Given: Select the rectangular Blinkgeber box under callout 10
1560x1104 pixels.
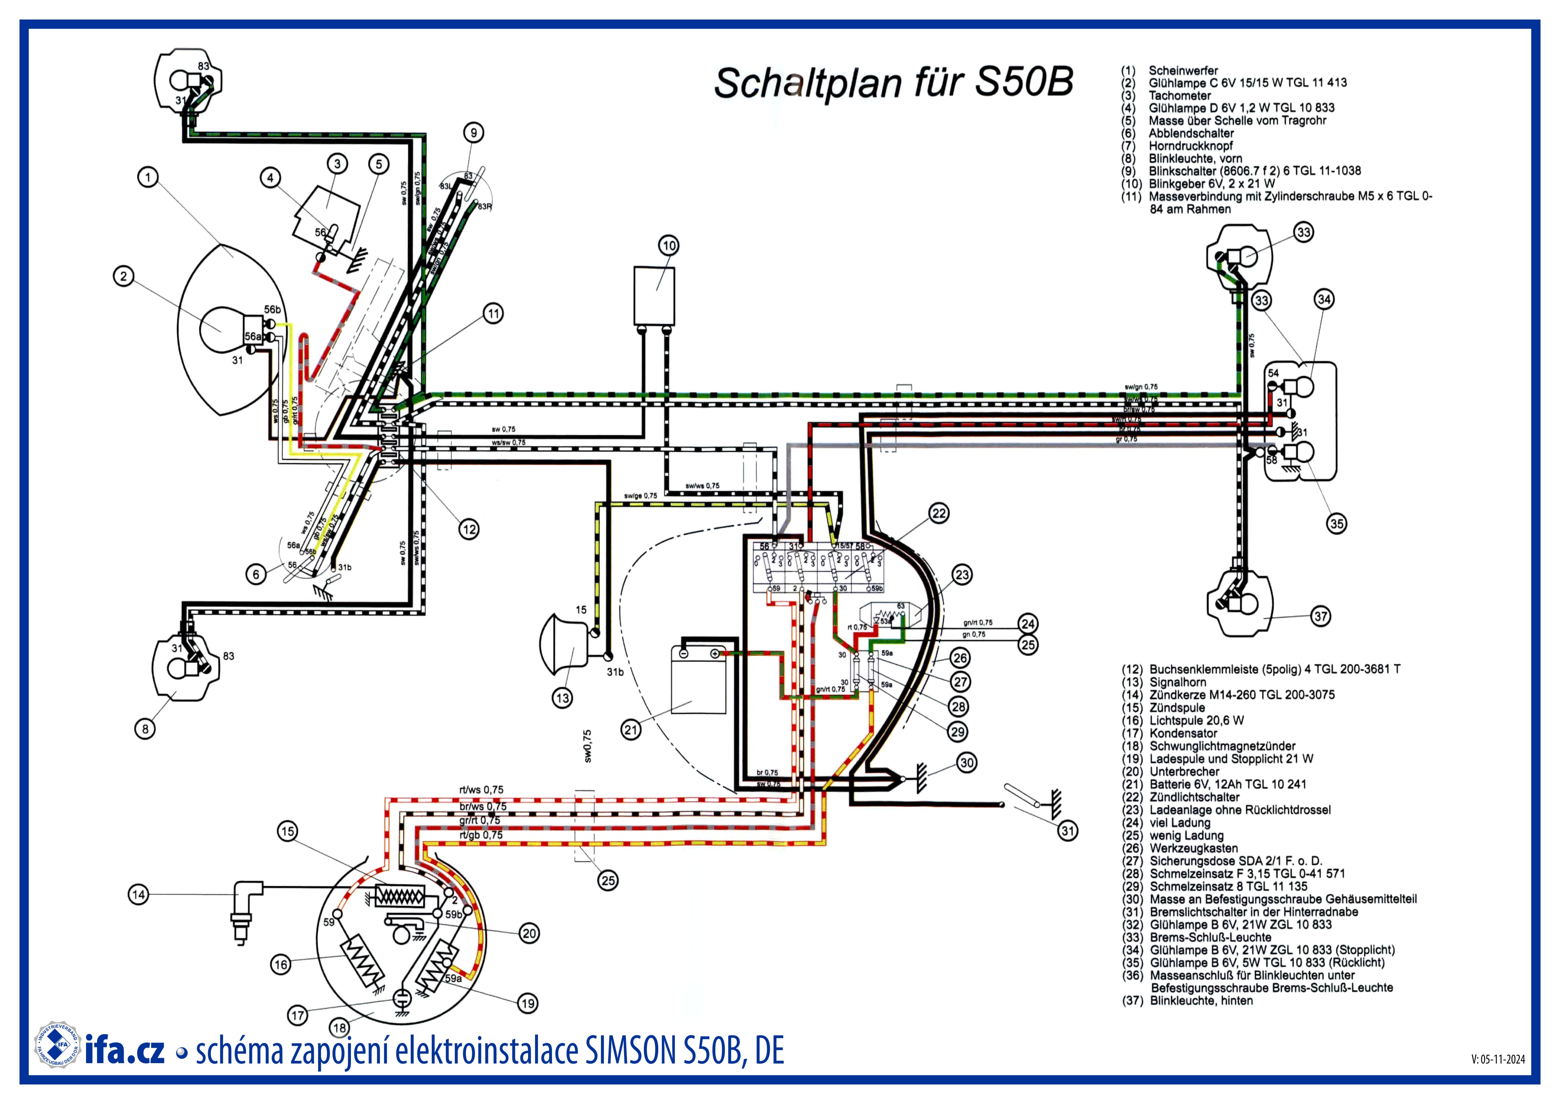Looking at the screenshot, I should pyautogui.click(x=653, y=296).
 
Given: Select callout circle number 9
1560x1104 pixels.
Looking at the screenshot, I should pyautogui.click(x=474, y=132).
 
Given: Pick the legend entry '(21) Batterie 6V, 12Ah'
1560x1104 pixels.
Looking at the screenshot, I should pyautogui.click(x=1214, y=784).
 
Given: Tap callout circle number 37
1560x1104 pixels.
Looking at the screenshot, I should pyautogui.click(x=1320, y=616).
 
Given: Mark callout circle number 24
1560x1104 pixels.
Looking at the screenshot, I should pyautogui.click(x=1028, y=623).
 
